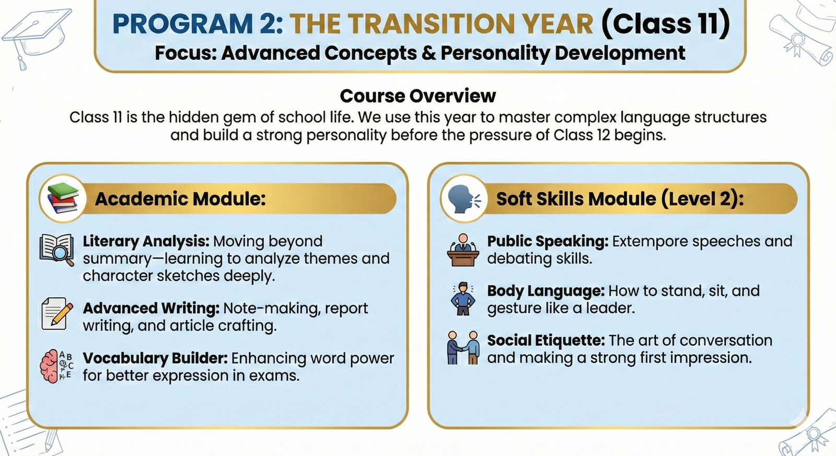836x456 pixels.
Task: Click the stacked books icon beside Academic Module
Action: coord(63,198)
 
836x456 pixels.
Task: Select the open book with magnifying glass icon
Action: coord(57,250)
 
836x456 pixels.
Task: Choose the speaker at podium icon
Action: coord(463,250)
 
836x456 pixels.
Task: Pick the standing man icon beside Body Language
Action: coord(463,299)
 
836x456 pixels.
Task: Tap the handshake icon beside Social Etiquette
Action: coord(463,348)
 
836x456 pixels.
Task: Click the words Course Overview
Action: coord(417,96)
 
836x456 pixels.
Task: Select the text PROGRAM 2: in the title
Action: coord(198,24)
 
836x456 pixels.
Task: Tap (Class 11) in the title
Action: coord(666,23)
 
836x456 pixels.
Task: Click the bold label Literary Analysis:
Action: coord(146,241)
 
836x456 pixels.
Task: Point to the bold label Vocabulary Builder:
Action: coord(155,358)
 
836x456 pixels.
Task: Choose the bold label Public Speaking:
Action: coord(548,241)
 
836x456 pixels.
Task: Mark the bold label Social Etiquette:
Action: coord(546,341)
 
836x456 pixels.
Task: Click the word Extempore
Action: coord(650,242)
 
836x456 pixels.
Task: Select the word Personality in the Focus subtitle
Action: coord(494,53)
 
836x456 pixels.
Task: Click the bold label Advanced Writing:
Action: coord(151,309)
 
